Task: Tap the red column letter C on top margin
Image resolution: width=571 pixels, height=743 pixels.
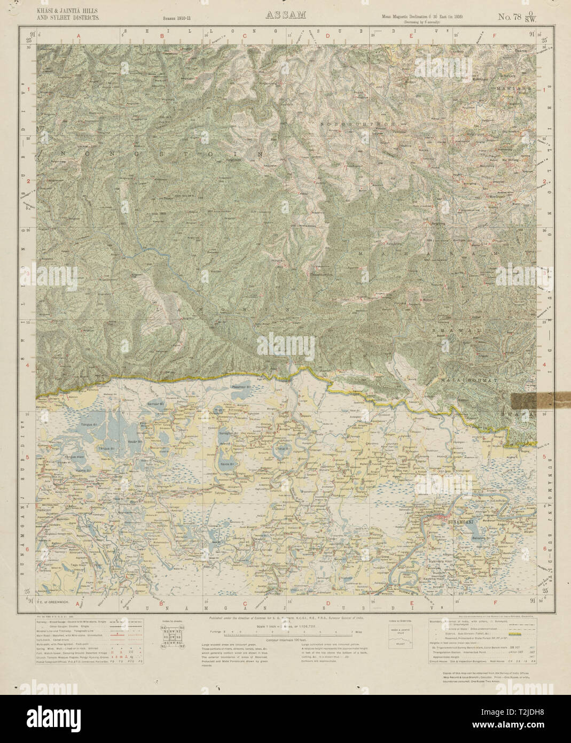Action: pos(245,36)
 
